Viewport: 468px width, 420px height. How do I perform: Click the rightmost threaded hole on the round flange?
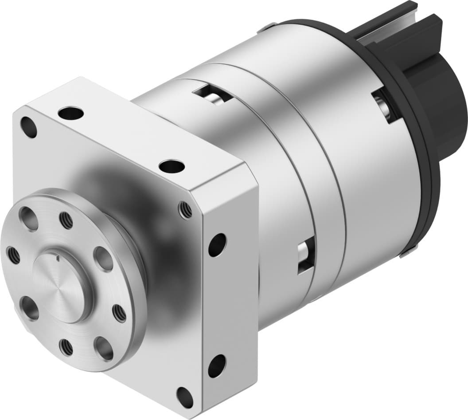click(119, 313)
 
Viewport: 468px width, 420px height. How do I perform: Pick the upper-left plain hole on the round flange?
click(29, 219)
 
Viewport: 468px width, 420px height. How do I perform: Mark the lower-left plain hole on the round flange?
click(29, 308)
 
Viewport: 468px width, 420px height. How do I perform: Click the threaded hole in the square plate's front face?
click(186, 209)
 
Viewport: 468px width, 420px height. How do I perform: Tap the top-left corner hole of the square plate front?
click(30, 127)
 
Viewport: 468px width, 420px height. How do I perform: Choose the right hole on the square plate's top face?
click(172, 167)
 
